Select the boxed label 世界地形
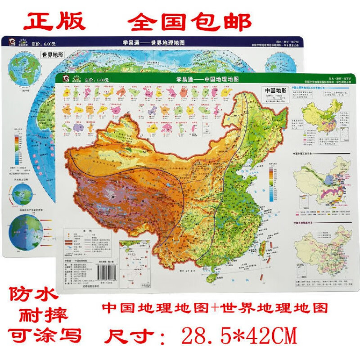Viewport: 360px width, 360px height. (53, 56)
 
